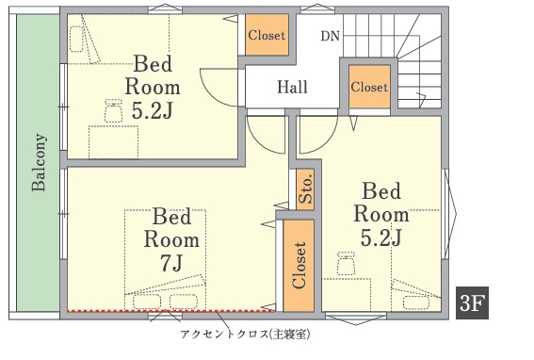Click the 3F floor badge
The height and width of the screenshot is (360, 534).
[x=472, y=303]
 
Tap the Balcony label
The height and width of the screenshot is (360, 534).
[x=39, y=162]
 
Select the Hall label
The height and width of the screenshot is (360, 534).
[x=292, y=87]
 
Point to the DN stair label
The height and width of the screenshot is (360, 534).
[x=330, y=36]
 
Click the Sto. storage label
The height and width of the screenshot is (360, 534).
[x=305, y=188]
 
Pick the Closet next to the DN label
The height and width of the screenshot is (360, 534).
[x=267, y=35]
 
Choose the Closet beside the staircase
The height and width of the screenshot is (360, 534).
[x=369, y=87]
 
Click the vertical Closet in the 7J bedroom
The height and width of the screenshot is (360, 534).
[x=299, y=265]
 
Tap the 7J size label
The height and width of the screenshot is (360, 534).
[x=171, y=263]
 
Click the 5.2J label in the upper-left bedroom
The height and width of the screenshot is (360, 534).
[x=153, y=110]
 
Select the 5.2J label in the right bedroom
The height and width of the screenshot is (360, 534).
[x=381, y=237]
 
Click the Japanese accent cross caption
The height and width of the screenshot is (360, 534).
[x=245, y=335]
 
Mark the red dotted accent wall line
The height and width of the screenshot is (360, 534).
[x=171, y=311]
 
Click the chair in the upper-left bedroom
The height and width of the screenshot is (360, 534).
[x=113, y=110]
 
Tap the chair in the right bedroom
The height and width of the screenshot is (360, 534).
[x=346, y=263]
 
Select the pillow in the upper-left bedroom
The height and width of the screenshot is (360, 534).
[x=76, y=40]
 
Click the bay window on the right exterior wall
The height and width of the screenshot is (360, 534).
[x=449, y=214]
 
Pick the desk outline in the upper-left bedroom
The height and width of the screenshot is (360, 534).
[x=113, y=142]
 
